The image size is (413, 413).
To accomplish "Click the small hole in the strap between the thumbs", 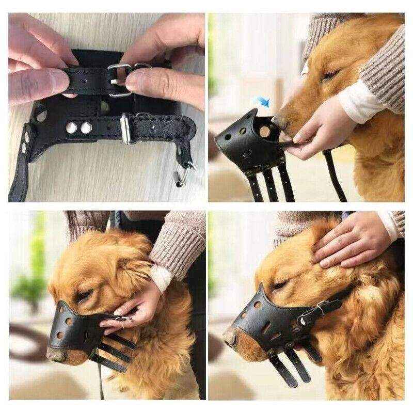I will click(84, 81).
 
